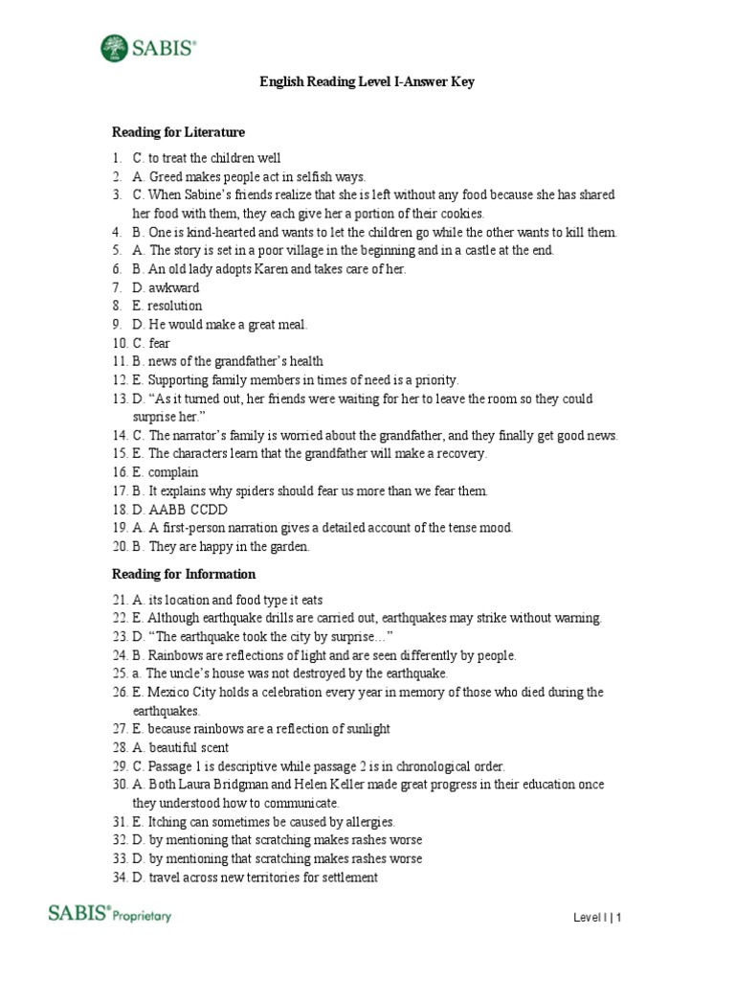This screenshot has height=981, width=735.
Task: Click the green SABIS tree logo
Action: [114, 47]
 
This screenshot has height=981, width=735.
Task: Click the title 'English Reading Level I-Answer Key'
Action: [367, 82]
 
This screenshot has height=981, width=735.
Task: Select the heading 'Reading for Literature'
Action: [178, 132]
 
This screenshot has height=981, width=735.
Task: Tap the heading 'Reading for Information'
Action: [184, 575]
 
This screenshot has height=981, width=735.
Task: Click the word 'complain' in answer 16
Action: [173, 472]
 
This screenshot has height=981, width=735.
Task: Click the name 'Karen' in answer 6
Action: [272, 269]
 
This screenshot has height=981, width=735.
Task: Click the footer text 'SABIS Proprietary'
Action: [110, 915]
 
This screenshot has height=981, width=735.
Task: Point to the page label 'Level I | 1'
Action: [598, 918]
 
